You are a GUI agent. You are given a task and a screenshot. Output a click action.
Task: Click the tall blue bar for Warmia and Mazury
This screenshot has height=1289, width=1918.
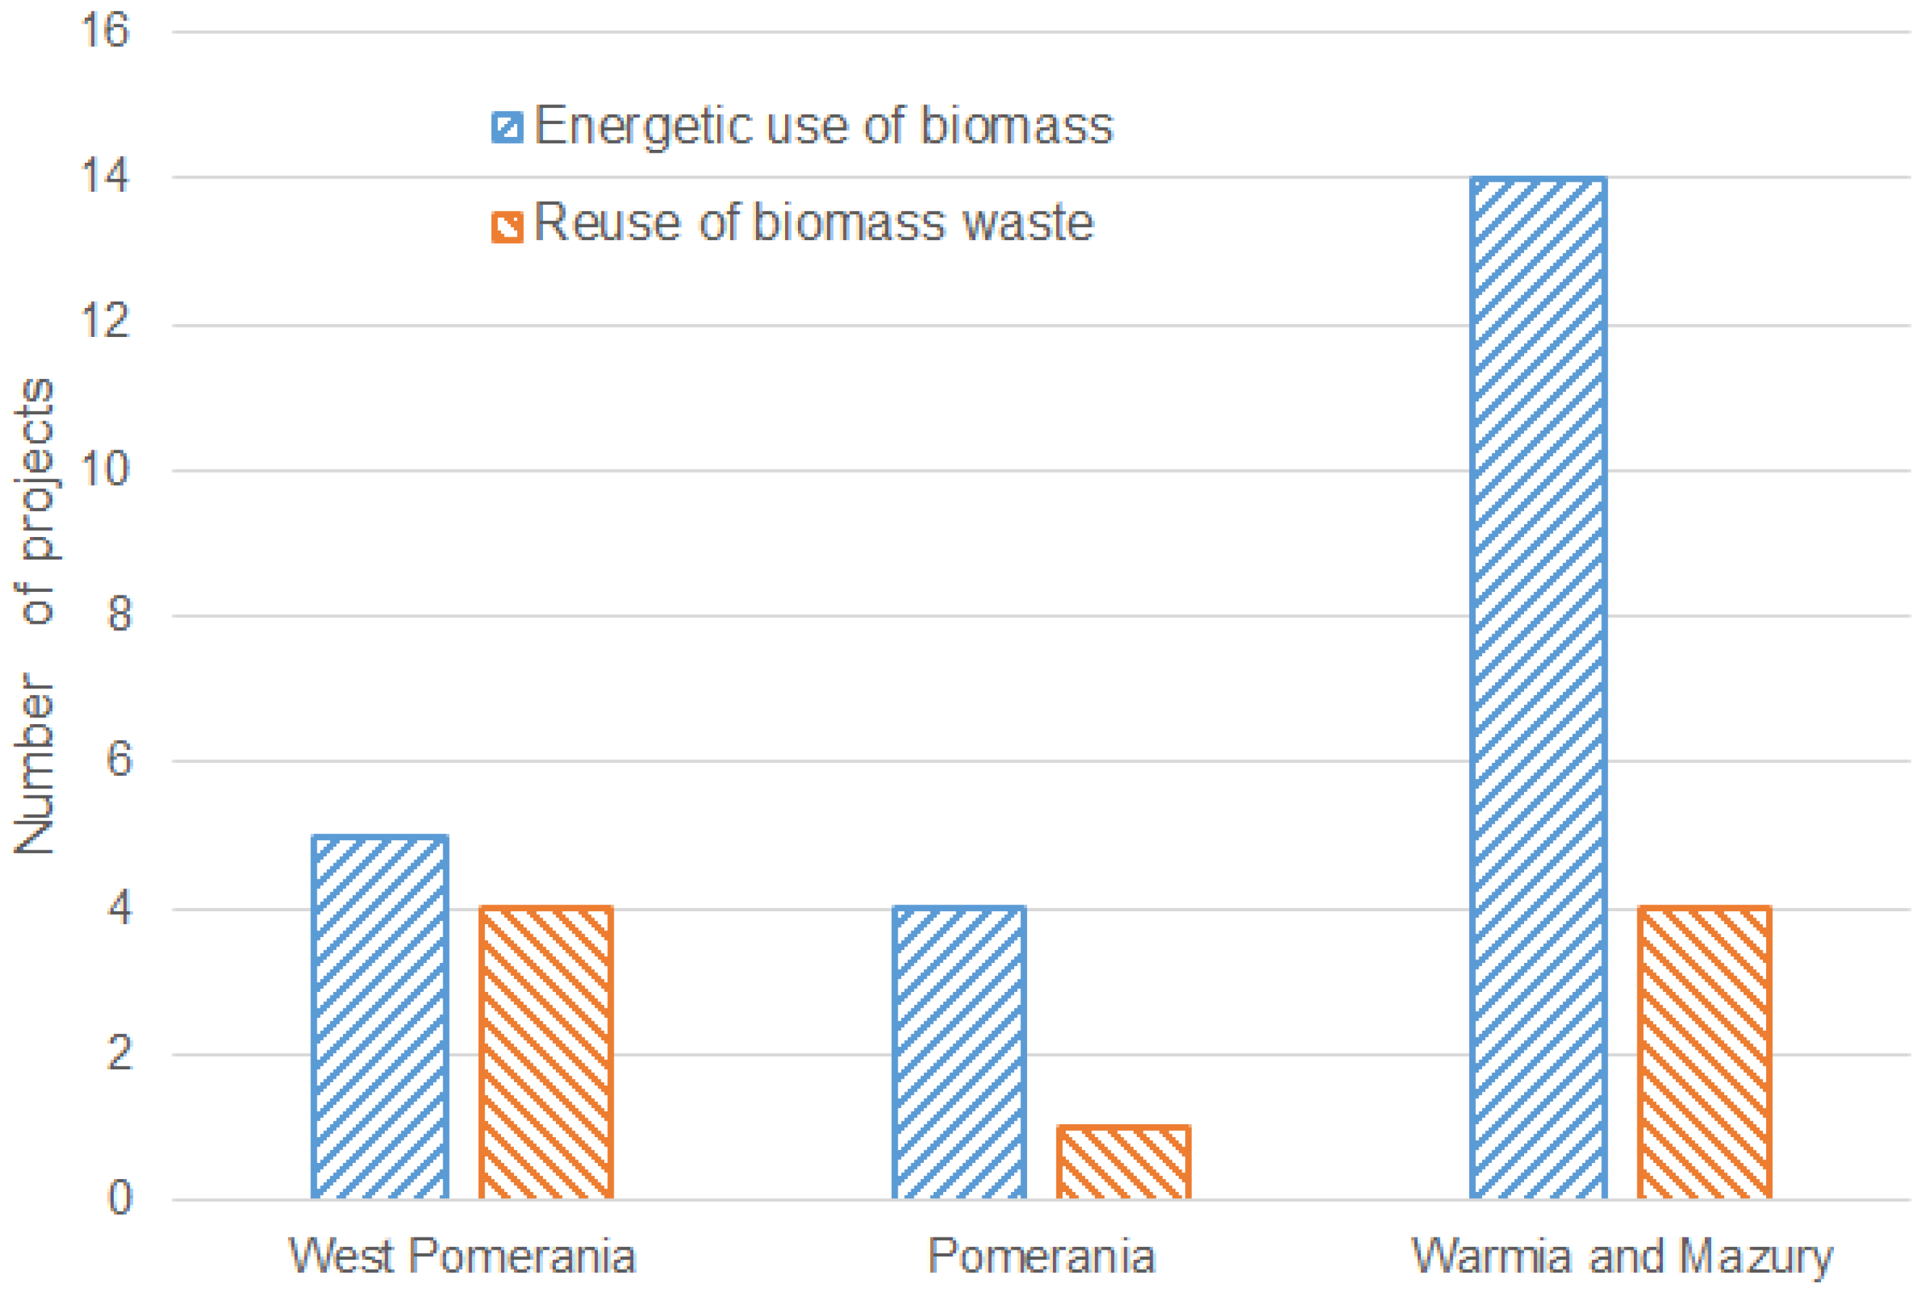(x=1538, y=688)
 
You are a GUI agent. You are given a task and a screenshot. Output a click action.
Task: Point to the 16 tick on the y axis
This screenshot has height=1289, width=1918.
(x=104, y=31)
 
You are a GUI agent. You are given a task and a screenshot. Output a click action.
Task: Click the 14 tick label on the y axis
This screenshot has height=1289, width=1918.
(x=104, y=176)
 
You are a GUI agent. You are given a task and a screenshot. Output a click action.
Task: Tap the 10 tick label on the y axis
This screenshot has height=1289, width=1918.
(x=104, y=469)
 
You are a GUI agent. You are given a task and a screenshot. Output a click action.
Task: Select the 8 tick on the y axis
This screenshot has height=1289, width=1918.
(x=119, y=614)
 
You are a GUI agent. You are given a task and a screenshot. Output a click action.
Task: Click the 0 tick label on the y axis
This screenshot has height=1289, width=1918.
(x=119, y=1199)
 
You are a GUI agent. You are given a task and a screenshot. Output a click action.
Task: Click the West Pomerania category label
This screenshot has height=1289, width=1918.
(x=462, y=1256)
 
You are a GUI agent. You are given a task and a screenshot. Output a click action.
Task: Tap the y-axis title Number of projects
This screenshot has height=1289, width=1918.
(x=35, y=616)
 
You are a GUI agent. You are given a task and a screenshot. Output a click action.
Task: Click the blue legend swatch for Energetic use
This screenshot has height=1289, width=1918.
(x=507, y=127)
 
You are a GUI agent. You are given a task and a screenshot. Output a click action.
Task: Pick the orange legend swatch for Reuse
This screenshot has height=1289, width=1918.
(x=507, y=227)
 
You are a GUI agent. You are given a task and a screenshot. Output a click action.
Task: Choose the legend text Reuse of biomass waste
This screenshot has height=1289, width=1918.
(x=814, y=224)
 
